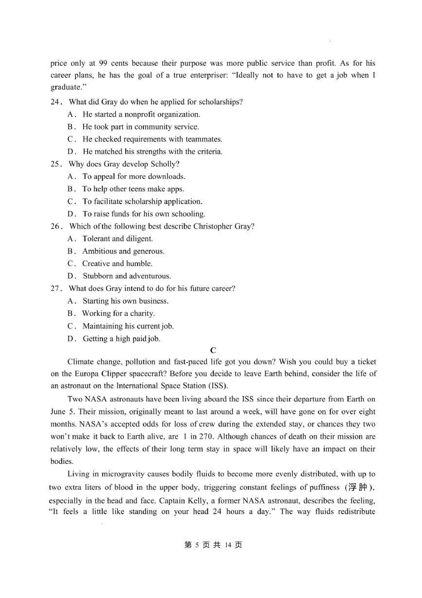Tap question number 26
(x=56, y=226)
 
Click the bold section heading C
(x=213, y=350)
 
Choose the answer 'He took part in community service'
(x=140, y=127)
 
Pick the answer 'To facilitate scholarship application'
(x=142, y=201)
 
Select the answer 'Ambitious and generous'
(x=123, y=251)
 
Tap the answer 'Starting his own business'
(x=125, y=301)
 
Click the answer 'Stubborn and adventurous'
(x=127, y=276)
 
